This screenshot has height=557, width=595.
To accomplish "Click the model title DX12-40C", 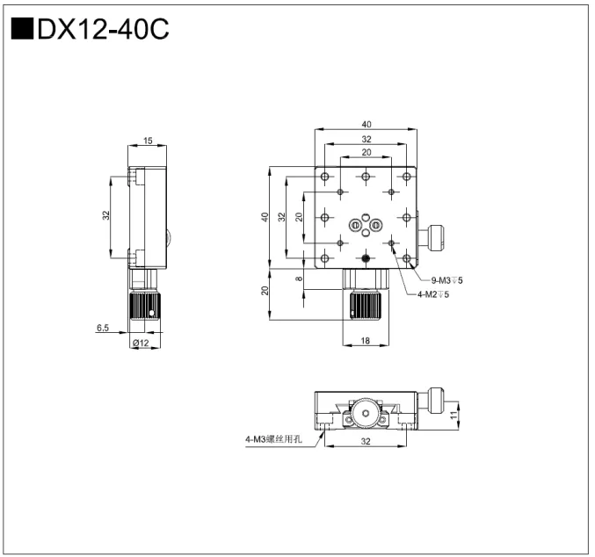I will (x=102, y=29).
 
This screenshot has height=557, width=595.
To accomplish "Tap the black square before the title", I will (x=22, y=29).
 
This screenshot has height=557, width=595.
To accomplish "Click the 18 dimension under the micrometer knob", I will (x=364, y=342).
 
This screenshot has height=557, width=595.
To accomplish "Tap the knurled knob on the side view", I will (x=145, y=307).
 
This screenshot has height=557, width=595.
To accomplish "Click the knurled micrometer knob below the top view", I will (x=364, y=305).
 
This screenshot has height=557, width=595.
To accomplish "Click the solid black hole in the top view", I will (x=365, y=257).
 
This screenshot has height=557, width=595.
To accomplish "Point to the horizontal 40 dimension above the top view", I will (x=364, y=125).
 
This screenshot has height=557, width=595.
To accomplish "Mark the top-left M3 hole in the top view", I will (x=325, y=177).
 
